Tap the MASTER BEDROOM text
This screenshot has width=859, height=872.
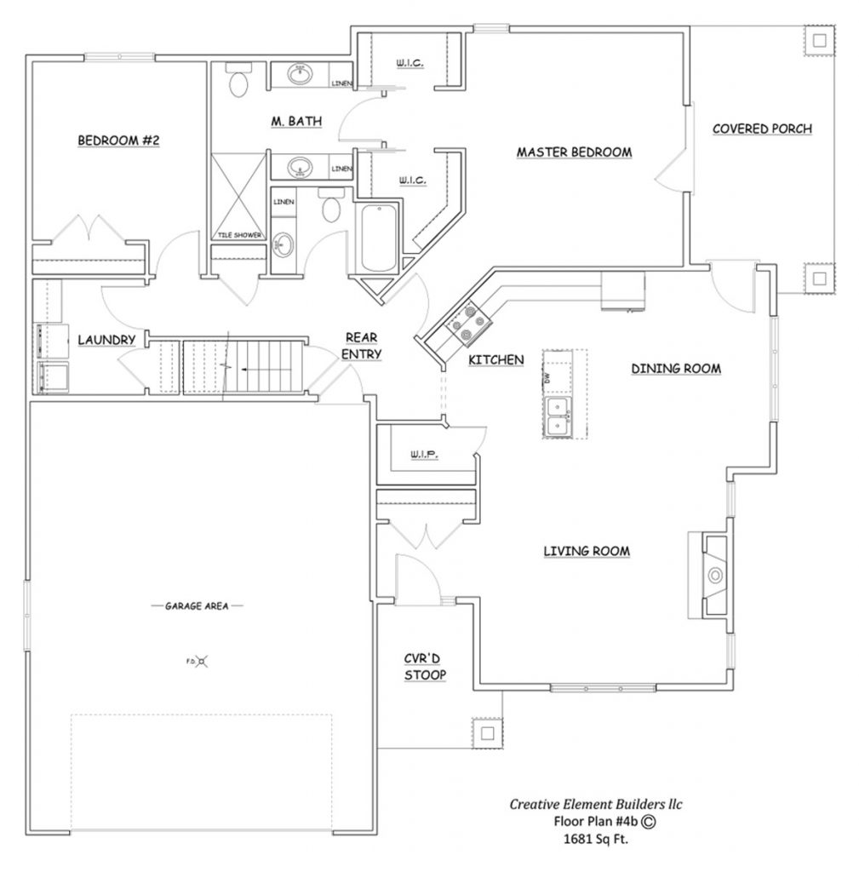pos(574,152)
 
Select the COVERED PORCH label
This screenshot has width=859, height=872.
pos(762,129)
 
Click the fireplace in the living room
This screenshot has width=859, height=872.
pos(713,576)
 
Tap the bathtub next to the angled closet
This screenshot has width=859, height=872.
pos(375,238)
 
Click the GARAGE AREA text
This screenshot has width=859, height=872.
pos(198,606)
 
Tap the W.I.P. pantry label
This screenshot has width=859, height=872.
pos(423,455)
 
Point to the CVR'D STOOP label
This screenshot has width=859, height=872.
pos(425,666)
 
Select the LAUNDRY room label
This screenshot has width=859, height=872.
pos(106,340)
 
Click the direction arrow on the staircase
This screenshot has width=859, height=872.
pos(244,370)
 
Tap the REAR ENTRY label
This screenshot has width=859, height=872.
pos(363,346)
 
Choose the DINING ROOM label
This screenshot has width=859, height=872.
pos(676,369)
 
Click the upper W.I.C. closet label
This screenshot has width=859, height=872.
pos(410,62)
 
